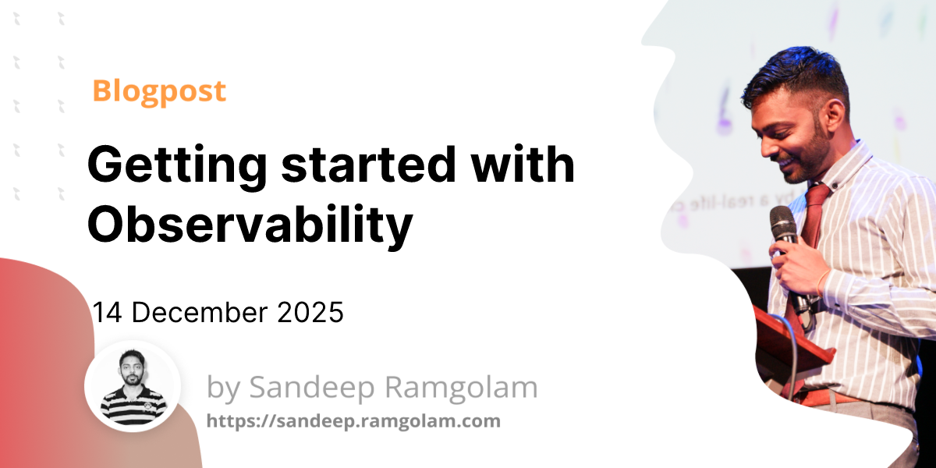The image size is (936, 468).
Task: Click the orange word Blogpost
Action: click(159, 91)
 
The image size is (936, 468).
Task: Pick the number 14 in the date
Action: click(108, 313)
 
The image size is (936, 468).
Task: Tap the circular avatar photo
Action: click(133, 386)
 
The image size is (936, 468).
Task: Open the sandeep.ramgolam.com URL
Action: click(353, 421)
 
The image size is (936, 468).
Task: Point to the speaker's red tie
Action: click(815, 211)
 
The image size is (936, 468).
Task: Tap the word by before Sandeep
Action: click(223, 388)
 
